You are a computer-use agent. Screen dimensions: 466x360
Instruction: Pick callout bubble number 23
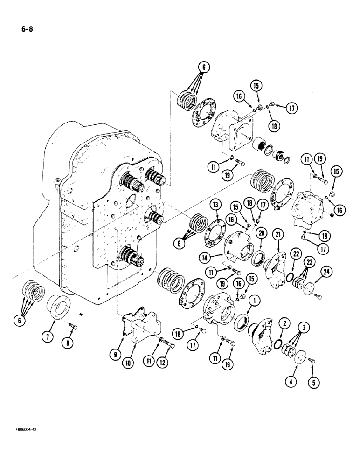click(308, 262)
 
